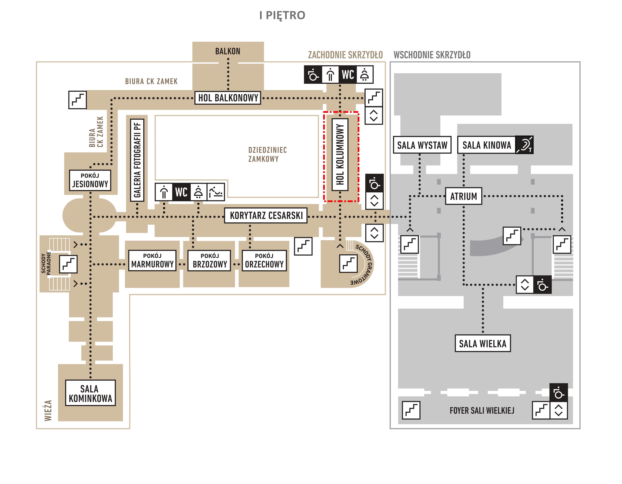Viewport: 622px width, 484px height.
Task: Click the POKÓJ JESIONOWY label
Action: (x=90, y=180)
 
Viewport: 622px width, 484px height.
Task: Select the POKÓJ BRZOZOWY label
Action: (x=210, y=260)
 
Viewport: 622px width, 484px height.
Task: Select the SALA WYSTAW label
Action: (x=422, y=145)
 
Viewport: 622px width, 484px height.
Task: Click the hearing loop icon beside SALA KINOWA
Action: (x=524, y=145)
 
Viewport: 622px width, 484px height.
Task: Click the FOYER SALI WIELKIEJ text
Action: (x=482, y=411)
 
